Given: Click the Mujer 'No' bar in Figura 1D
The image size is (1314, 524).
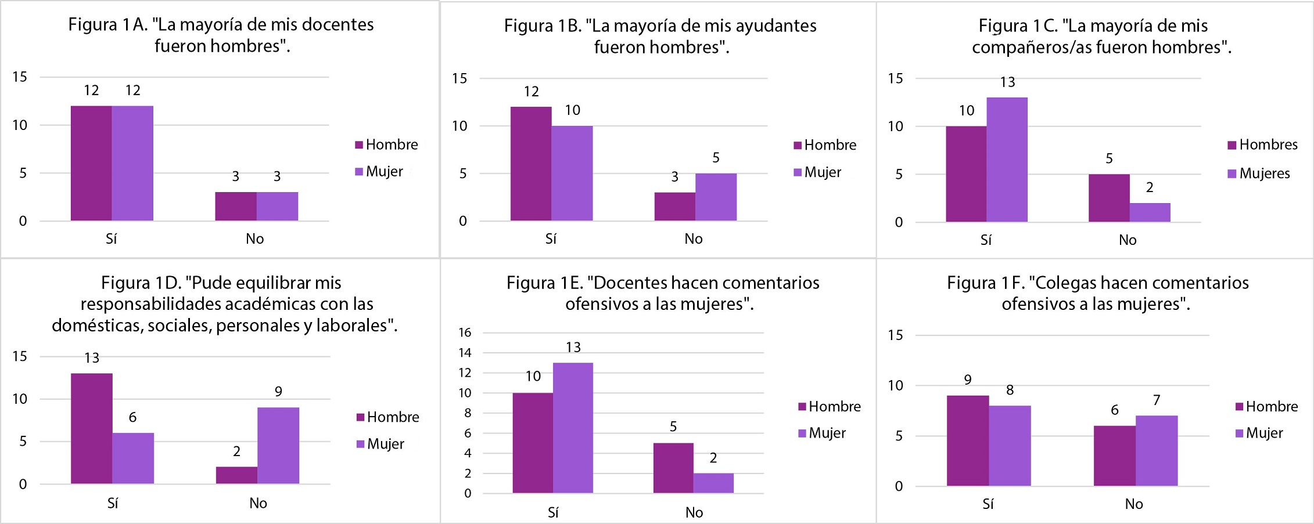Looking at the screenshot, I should [x=278, y=445].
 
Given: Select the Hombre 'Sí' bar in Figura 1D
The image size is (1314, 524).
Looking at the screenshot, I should [x=92, y=428].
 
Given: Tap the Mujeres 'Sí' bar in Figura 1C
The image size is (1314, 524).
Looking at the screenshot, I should [x=1007, y=160].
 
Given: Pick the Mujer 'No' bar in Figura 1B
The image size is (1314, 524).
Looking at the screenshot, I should [x=716, y=197].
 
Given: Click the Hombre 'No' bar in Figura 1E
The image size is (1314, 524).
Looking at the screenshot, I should [x=673, y=468].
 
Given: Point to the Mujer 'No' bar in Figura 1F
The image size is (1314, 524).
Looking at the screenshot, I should [x=1157, y=450].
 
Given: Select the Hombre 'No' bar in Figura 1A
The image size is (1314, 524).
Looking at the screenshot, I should [x=236, y=206].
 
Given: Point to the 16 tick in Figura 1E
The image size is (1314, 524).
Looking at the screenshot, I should [x=465, y=333].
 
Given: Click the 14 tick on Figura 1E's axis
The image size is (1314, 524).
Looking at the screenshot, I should [x=465, y=352].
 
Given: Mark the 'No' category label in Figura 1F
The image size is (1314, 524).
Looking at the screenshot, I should [x=1134, y=504].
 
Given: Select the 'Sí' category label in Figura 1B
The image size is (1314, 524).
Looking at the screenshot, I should [x=551, y=238].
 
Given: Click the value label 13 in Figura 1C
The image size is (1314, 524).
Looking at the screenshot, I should [x=1008, y=82].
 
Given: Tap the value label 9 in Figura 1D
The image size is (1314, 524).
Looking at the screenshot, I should [x=279, y=392].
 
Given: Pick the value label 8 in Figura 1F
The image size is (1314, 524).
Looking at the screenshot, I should [x=1010, y=390].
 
